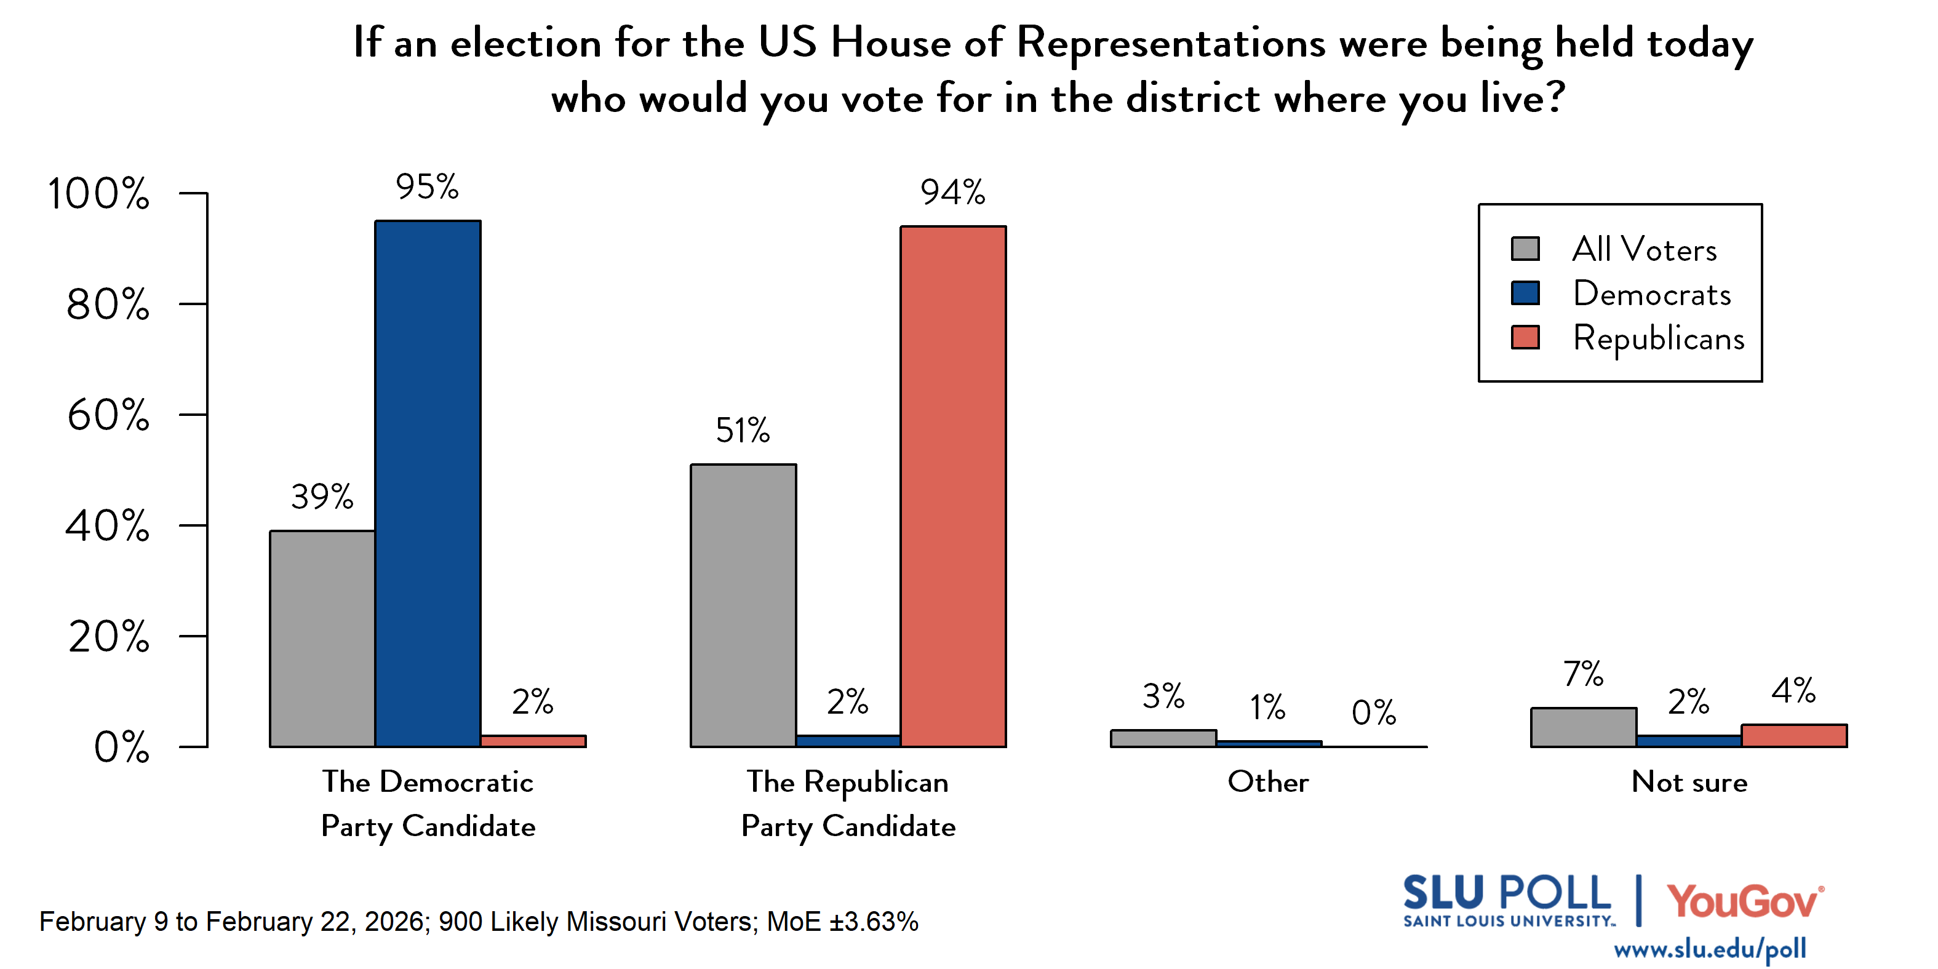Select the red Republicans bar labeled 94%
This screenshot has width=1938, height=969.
pyautogui.click(x=952, y=486)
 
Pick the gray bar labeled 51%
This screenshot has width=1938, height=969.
pyautogui.click(x=743, y=605)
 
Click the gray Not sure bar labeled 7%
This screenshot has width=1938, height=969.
pyautogui.click(x=1583, y=727)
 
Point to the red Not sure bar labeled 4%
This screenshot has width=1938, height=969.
pyautogui.click(x=1793, y=735)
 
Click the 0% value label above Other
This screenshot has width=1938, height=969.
pyautogui.click(x=1373, y=712)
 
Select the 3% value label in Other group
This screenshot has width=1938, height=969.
pyautogui.click(x=1163, y=696)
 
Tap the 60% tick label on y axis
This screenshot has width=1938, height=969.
pyautogui.click(x=108, y=415)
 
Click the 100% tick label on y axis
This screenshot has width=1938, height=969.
pyautogui.click(x=98, y=193)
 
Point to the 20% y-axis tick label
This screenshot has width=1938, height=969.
pyautogui.click(x=108, y=637)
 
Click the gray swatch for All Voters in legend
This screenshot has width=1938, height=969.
pyautogui.click(x=1525, y=249)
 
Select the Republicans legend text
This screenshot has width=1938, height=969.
pyautogui.click(x=1658, y=338)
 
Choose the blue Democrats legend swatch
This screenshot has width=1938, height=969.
pyautogui.click(x=1525, y=293)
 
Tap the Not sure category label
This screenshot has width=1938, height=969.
pyautogui.click(x=1689, y=782)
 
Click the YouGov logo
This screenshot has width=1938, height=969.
pyautogui.click(x=1744, y=901)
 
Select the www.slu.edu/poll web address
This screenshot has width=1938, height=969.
pyautogui.click(x=1709, y=949)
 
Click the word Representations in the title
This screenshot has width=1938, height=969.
pyautogui.click(x=1171, y=43)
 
